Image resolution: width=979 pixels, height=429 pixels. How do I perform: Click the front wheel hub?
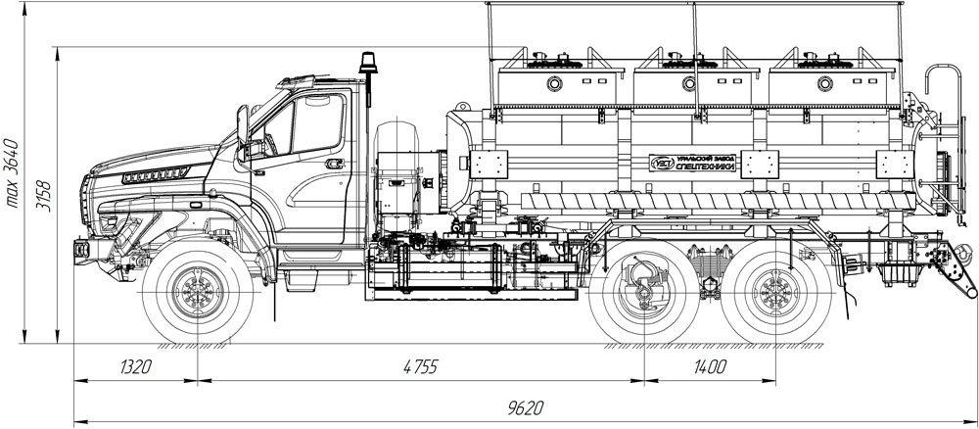click(x=199, y=291)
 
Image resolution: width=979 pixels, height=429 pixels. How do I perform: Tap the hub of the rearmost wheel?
click(x=777, y=291)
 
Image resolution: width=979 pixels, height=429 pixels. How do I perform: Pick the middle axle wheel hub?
click(x=644, y=291)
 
